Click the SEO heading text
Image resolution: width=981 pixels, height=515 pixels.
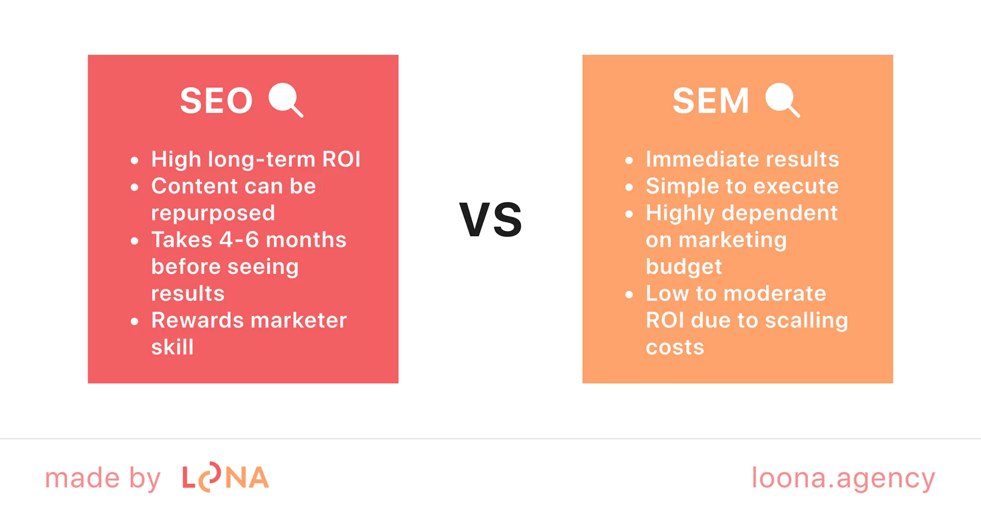(216, 100)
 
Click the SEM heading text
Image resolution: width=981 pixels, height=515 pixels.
(711, 100)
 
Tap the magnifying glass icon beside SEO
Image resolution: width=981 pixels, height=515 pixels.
(286, 99)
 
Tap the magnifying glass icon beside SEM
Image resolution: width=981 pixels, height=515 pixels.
(782, 99)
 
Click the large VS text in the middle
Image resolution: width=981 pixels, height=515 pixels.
(490, 219)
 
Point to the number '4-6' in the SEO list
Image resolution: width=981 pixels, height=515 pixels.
(239, 240)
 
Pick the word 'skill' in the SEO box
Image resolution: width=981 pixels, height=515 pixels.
(172, 347)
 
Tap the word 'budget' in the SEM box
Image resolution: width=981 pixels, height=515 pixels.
(684, 267)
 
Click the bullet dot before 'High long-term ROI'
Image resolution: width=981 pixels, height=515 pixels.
(134, 161)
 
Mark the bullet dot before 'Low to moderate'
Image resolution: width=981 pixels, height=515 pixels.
(629, 294)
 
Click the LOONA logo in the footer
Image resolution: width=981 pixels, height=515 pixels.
(226, 477)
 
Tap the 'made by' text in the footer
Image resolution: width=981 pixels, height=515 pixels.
(103, 477)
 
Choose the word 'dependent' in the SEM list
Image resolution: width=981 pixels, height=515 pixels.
(780, 213)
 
